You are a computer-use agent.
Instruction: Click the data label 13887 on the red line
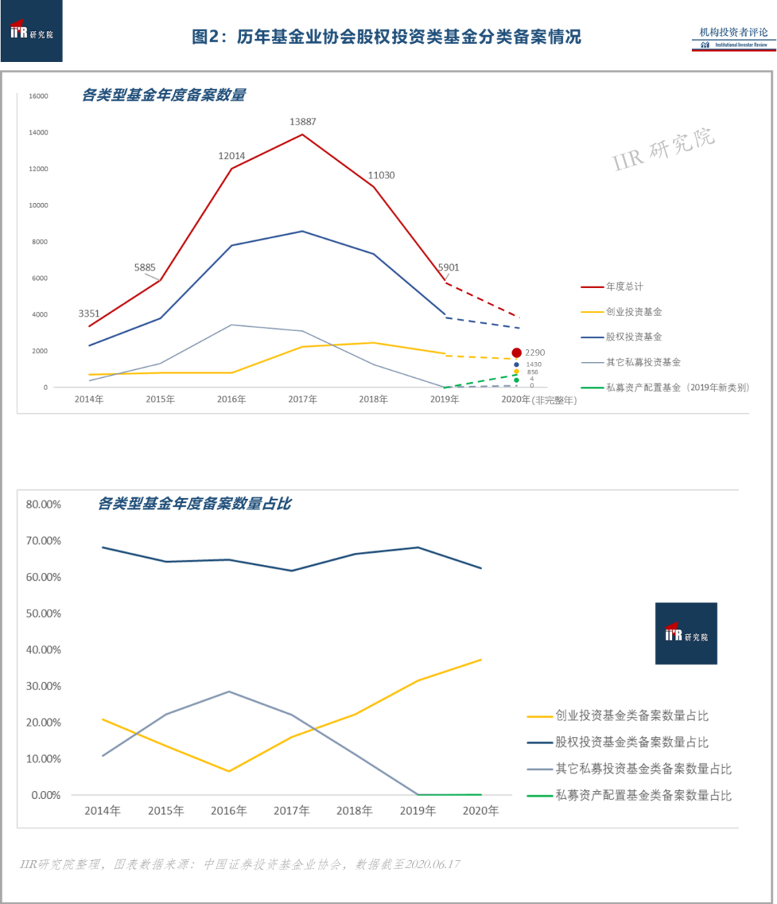[x=303, y=122]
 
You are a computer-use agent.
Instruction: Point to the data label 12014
[x=232, y=155]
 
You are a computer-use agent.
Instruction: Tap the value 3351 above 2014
[x=89, y=313]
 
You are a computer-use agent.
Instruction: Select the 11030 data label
[x=381, y=175]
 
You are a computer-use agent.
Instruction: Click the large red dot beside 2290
[x=517, y=353]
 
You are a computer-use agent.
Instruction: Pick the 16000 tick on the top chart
[x=38, y=96]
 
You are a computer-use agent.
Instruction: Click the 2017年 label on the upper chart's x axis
[x=302, y=399]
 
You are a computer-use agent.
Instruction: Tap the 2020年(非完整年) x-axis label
[x=539, y=400]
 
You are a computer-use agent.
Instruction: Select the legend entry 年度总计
[x=624, y=286]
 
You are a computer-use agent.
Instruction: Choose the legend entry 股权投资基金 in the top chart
[x=633, y=337]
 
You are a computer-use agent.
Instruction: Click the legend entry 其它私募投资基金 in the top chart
[x=642, y=362]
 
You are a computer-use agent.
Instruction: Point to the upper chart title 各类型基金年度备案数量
[x=164, y=95]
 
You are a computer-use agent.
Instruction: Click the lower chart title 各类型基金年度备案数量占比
[x=194, y=504]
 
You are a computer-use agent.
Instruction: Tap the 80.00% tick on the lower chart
[x=43, y=505]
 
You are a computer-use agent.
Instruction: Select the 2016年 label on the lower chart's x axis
[x=229, y=811]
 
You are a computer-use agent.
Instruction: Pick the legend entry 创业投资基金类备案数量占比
[x=631, y=715]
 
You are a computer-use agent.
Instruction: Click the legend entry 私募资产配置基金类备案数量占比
[x=642, y=795]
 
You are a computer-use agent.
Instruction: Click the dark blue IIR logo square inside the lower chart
[x=686, y=633]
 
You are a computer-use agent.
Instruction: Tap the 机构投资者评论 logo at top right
[x=734, y=37]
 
